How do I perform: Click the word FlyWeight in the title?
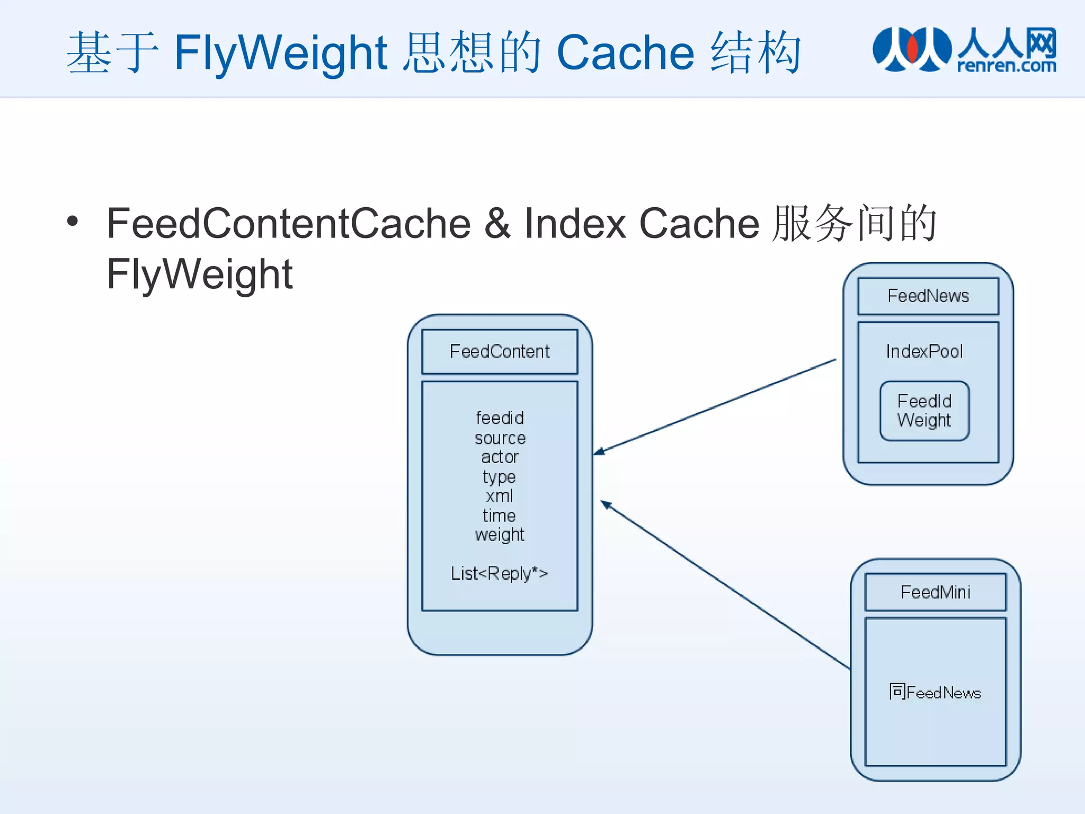click(281, 52)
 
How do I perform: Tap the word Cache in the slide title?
click(625, 52)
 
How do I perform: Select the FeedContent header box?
click(500, 351)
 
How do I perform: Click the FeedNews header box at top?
click(928, 296)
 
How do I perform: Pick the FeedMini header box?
click(935, 592)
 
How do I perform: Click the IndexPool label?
click(924, 351)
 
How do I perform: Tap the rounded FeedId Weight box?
click(924, 411)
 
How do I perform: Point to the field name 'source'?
click(500, 438)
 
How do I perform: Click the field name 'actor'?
click(500, 457)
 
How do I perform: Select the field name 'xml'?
click(499, 496)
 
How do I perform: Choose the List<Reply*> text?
click(499, 573)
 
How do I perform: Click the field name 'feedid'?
click(500, 418)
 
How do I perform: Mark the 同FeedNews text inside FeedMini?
click(935, 692)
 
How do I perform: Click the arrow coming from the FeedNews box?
click(715, 406)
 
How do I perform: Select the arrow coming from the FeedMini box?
click(726, 585)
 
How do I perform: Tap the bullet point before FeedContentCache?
click(73, 222)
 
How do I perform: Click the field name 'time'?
click(499, 516)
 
